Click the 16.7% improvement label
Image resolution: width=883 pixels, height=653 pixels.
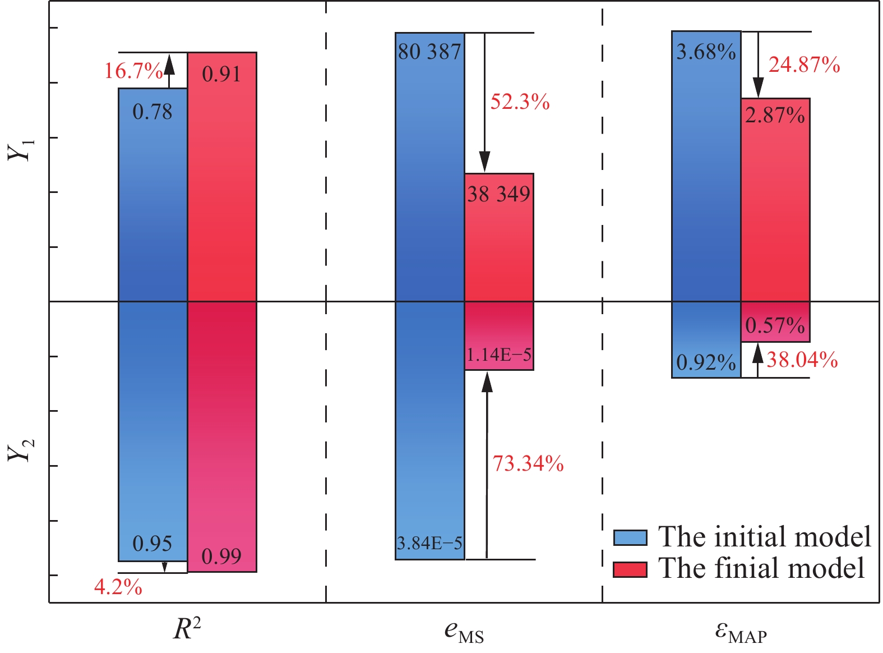pyautogui.click(x=133, y=71)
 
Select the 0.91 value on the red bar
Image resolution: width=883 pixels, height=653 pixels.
pyautogui.click(x=221, y=74)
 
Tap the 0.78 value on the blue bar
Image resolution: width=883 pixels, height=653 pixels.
pyautogui.click(x=152, y=112)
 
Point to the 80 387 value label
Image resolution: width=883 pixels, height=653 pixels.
pyautogui.click(x=429, y=52)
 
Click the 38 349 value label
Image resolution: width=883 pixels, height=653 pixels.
pyautogui.click(x=498, y=194)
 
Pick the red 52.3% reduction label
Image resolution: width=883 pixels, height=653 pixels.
pyautogui.click(x=520, y=102)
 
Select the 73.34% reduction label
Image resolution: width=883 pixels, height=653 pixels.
pyautogui.click(x=528, y=464)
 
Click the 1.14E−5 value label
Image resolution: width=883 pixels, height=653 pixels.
pyautogui.click(x=498, y=355)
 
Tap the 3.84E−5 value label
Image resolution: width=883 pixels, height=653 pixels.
pyautogui.click(x=429, y=543)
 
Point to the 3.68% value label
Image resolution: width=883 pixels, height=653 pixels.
pyautogui.click(x=706, y=52)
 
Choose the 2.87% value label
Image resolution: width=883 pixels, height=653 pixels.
pyautogui.click(x=775, y=116)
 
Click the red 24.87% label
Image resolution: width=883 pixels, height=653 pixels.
pyautogui.click(x=804, y=66)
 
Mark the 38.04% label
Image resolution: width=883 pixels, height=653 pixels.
pyautogui.click(x=802, y=360)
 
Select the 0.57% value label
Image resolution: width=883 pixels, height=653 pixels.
pyautogui.click(x=775, y=325)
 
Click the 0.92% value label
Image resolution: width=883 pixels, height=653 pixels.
pyautogui.click(x=706, y=363)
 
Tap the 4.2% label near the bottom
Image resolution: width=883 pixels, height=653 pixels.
pyautogui.click(x=118, y=587)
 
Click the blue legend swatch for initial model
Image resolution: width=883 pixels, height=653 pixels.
pyautogui.click(x=630, y=537)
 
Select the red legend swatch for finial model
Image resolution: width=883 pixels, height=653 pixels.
pyautogui.click(x=630, y=569)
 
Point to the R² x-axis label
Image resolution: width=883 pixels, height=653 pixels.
pyautogui.click(x=187, y=629)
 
